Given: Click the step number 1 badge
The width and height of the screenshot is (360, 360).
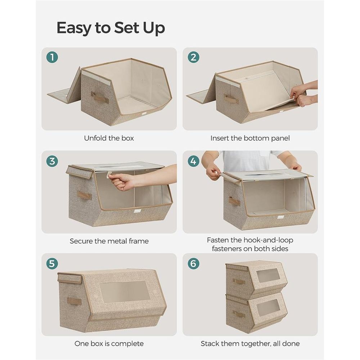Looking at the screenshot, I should (52, 58).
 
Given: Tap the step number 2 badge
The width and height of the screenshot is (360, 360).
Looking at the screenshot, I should (193, 58).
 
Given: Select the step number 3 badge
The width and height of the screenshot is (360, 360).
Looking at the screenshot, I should (52, 161).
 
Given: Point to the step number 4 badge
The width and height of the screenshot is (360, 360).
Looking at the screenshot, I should (193, 161).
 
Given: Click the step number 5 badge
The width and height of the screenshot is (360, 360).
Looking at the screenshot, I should (52, 264).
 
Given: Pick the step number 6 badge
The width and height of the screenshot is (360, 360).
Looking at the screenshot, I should (193, 264).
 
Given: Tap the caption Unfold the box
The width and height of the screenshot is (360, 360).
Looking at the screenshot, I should (109, 138).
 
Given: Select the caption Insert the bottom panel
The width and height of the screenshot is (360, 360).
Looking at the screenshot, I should (250, 138).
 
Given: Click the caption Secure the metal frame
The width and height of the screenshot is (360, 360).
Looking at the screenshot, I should (109, 241).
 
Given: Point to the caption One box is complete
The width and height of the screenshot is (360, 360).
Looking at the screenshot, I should (109, 344).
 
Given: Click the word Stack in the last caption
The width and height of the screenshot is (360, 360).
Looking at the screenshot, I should (211, 344).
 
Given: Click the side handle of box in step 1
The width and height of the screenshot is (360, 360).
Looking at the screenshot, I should (100, 98).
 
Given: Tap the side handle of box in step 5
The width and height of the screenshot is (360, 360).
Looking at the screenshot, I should (74, 301).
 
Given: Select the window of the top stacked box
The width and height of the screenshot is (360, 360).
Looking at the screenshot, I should (268, 275).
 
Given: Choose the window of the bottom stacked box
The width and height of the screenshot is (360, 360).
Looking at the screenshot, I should (268, 308).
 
